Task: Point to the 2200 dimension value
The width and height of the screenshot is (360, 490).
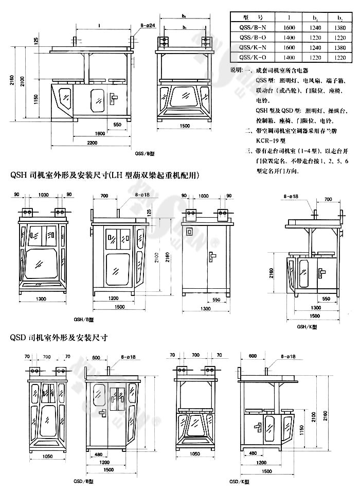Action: tap(92, 142)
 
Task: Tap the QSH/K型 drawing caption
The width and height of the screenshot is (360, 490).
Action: tap(307, 326)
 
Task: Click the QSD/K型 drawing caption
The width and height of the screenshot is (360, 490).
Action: tap(241, 481)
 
